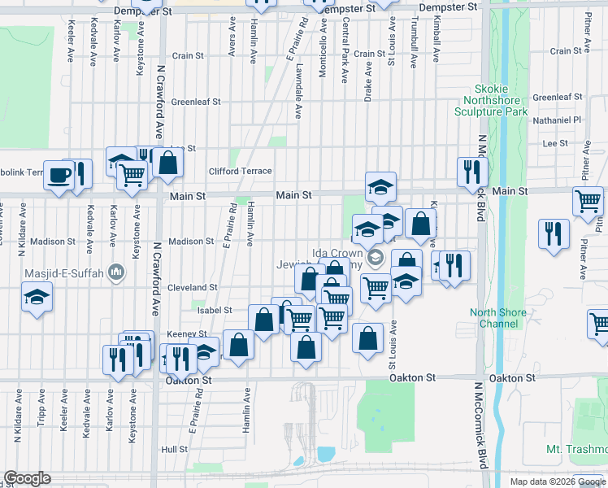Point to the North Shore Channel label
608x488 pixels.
[x=493, y=318]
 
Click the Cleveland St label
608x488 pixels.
[x=192, y=287]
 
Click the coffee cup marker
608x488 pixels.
[x=59, y=176]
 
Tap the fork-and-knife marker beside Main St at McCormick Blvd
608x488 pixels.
[x=471, y=171]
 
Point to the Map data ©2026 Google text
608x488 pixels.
[x=557, y=481]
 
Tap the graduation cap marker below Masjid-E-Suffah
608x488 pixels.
[x=37, y=299]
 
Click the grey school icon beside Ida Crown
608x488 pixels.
[x=375, y=259]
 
